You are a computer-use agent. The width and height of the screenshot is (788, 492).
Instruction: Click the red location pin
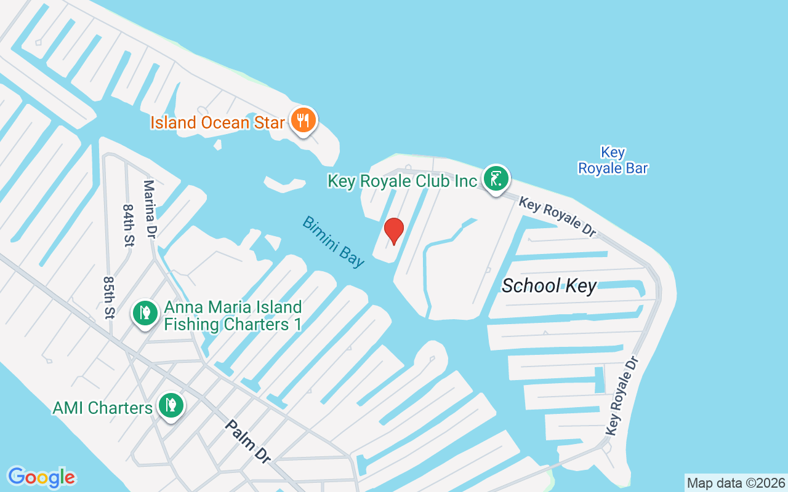click(393, 231)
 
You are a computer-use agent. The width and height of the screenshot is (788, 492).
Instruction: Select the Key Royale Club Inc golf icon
click(496, 179)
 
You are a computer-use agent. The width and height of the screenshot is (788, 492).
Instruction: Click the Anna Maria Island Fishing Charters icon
click(145, 314)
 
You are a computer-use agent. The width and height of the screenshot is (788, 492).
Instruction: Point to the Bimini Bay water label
click(333, 242)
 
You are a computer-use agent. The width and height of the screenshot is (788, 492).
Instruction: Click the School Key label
click(549, 285)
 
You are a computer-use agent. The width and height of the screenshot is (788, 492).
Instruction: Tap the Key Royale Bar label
click(613, 160)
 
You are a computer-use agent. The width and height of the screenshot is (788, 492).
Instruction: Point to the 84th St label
click(128, 226)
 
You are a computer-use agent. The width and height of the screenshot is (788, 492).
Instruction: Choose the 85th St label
click(110, 297)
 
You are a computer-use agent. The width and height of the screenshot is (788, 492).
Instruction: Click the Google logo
click(41, 477)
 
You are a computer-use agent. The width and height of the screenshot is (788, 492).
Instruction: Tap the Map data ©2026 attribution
click(736, 483)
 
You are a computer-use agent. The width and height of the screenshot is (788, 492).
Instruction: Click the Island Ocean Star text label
click(218, 122)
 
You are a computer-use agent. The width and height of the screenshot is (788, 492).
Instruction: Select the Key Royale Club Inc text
click(403, 181)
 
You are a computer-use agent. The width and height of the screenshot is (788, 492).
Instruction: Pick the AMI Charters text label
click(103, 408)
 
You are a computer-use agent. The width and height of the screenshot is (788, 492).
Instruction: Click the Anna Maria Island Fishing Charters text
click(233, 315)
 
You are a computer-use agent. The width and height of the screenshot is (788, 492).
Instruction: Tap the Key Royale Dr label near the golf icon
click(558, 216)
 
